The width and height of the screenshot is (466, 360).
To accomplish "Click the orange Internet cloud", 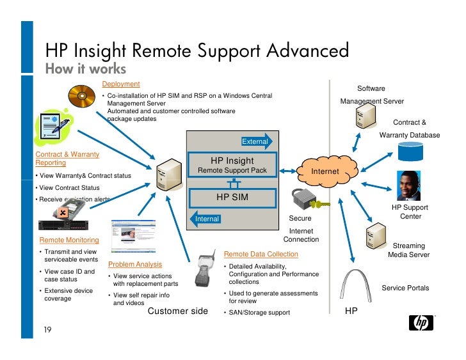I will point(325,171).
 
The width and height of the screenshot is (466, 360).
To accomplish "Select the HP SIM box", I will point(232,196).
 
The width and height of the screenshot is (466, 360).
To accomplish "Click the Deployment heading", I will point(121,84).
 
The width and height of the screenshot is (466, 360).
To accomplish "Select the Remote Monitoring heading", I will point(69,240).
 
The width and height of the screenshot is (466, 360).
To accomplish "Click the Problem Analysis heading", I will point(135,264).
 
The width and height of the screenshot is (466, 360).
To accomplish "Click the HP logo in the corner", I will point(424,322).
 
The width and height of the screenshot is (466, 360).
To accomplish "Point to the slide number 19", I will point(47,330).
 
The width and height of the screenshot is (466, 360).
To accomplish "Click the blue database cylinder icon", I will point(410,152).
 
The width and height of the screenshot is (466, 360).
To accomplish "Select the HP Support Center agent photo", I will point(410,186).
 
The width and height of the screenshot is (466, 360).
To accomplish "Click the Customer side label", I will point(178,311).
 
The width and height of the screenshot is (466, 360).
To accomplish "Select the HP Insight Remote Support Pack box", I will point(232,166).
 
